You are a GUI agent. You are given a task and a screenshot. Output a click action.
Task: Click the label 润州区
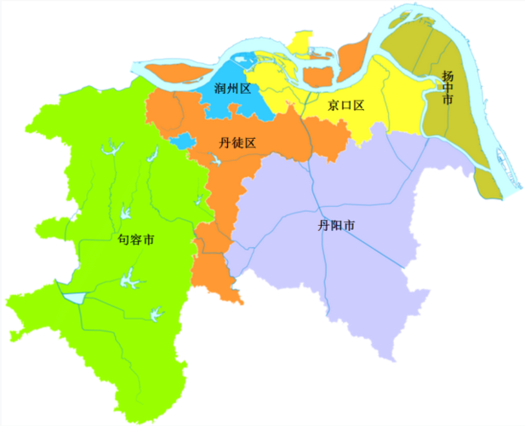pyautogui.click(x=232, y=88)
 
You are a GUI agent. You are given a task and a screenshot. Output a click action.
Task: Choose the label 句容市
pyautogui.click(x=136, y=240)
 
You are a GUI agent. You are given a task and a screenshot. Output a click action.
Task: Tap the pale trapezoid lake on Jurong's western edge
pyautogui.click(x=74, y=297)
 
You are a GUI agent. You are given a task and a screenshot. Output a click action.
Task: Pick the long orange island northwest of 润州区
pyautogui.click(x=180, y=72)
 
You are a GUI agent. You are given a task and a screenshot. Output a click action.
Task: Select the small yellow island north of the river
pyautogui.click(x=300, y=43)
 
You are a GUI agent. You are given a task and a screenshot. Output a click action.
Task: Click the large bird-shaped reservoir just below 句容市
pyautogui.click(x=130, y=276)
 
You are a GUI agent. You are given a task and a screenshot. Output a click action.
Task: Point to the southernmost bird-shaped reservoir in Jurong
pyautogui.click(x=156, y=313)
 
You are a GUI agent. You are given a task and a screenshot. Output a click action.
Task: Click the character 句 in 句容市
pyautogui.click(x=123, y=240)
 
